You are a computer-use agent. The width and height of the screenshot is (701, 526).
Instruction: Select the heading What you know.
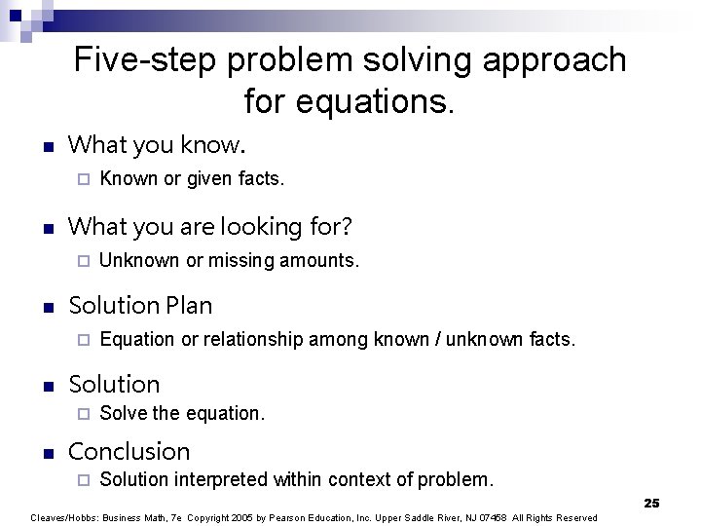coord(157,145)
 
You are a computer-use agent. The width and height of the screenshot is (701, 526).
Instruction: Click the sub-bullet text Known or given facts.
coord(192,178)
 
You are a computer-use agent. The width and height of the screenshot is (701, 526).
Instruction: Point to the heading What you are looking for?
coord(210,227)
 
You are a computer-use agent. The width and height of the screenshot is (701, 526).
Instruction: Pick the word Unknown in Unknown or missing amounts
coord(139,260)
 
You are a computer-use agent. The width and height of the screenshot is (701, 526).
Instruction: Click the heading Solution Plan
coord(140,306)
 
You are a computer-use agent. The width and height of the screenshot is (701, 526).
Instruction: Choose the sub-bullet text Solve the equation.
coord(182,413)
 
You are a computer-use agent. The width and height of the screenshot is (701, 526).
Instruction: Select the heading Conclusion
coord(129,452)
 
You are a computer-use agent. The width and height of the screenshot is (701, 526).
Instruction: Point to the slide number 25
coord(651,503)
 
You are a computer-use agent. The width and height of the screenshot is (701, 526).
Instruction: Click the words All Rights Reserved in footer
coord(555,517)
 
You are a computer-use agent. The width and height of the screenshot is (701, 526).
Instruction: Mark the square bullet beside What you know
coord(44,147)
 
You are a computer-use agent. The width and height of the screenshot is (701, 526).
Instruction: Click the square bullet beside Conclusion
coord(44,453)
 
